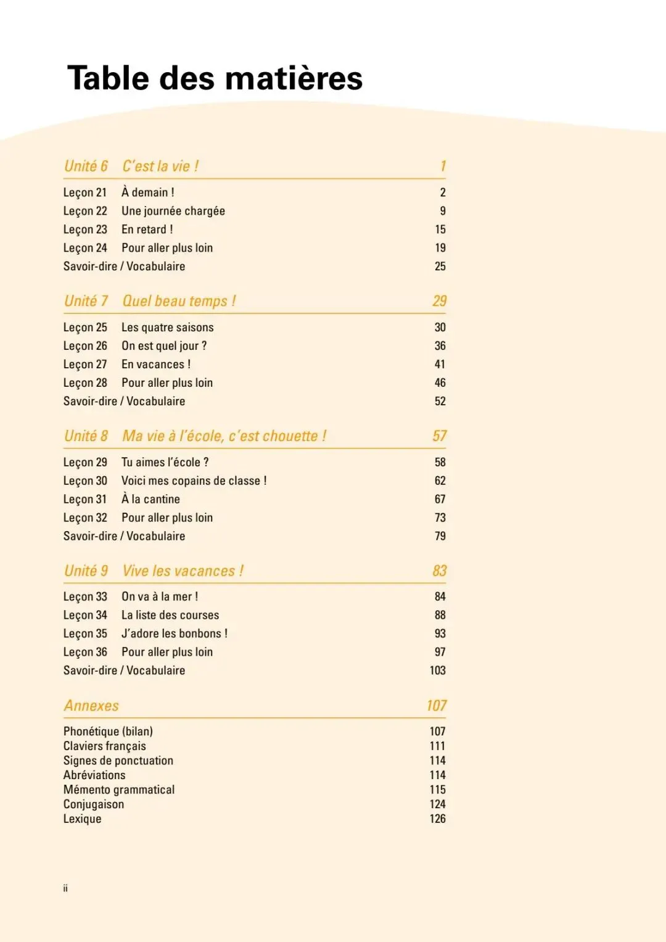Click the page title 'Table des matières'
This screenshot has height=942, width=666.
tap(215, 78)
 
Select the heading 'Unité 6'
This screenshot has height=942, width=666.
tap(86, 166)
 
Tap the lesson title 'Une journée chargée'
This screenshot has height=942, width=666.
tap(173, 211)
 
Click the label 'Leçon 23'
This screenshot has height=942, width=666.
tap(85, 229)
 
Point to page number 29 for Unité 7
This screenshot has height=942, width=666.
tap(439, 301)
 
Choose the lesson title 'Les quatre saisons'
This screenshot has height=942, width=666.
tap(167, 328)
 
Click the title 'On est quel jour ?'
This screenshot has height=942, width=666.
tap(163, 346)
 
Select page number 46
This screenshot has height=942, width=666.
tap(440, 383)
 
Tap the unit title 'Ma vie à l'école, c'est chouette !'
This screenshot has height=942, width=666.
tap(224, 436)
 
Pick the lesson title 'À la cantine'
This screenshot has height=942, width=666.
tap(150, 499)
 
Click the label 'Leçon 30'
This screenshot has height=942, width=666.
tap(85, 481)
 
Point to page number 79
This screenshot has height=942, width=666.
tap(440, 536)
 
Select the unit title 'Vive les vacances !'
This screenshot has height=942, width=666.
tap(183, 571)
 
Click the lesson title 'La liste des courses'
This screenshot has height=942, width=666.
tap(170, 615)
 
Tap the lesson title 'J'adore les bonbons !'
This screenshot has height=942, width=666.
tap(174, 634)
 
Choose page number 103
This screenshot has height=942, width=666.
tap(437, 671)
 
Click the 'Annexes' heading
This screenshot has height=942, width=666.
tap(91, 706)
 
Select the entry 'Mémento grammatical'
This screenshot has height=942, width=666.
tap(119, 790)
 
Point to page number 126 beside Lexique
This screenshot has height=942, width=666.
tap(437, 819)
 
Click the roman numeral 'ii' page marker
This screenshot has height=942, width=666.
tap(65, 888)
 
